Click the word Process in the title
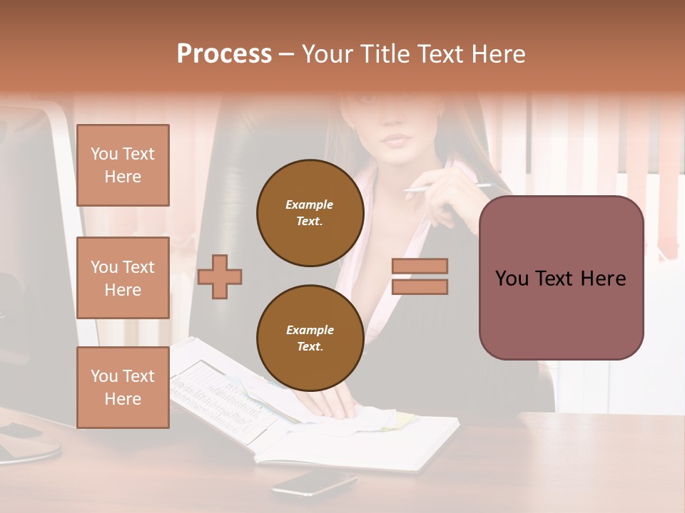(224, 54)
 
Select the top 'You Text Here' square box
(123, 165)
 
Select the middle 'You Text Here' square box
(123, 278)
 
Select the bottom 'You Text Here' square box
(123, 388)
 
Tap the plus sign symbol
(220, 276)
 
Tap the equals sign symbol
(420, 276)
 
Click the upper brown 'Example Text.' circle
(310, 213)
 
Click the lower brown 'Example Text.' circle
(310, 338)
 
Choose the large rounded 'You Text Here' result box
(561, 278)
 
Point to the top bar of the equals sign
(420, 266)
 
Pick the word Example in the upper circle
(310, 204)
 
